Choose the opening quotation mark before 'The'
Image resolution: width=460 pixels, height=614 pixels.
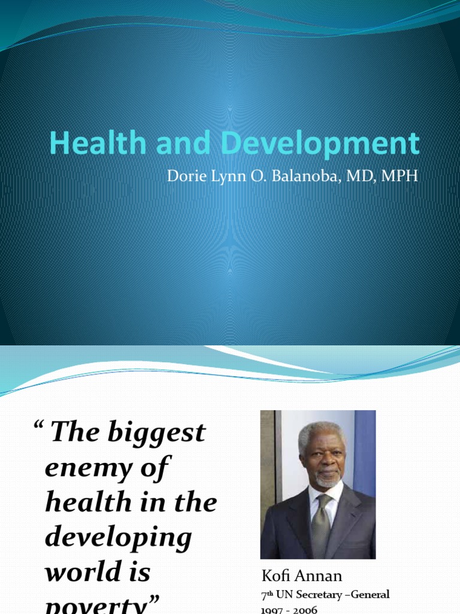click(40, 426)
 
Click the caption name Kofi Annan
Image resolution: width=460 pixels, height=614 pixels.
click(302, 576)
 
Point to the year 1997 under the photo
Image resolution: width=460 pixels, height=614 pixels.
click(274, 610)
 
